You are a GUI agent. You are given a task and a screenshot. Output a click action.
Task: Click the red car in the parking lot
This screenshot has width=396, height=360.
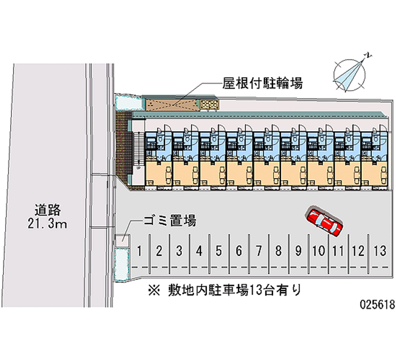pos(325,221)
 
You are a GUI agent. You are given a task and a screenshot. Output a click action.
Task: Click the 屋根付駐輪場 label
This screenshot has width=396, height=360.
pos(262,83)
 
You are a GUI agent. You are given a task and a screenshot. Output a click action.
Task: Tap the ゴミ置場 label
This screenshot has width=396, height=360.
pos(170,220)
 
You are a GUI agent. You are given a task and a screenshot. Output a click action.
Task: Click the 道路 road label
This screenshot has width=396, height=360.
pos(48,210)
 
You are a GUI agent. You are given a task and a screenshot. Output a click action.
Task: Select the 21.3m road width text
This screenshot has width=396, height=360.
pos(48,224)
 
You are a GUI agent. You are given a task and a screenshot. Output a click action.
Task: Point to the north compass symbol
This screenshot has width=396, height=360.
pos(350,75)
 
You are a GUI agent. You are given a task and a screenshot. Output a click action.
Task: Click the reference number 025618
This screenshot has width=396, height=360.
pos(377,305)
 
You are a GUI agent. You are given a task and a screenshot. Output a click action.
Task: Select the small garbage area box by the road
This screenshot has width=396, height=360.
pos(123,240)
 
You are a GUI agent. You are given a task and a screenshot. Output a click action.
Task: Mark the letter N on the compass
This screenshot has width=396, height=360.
pos(369,55)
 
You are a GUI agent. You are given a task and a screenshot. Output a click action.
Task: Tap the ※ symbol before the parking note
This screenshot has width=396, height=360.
pos(154,290)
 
